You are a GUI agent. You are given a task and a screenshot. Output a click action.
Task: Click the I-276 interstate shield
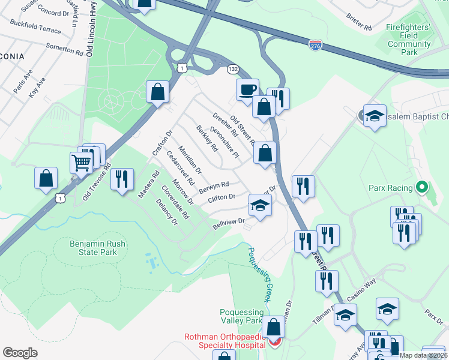(315, 44)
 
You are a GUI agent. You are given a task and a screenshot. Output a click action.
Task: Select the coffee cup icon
(247, 90)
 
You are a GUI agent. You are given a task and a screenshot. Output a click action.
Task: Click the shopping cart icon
(82, 160)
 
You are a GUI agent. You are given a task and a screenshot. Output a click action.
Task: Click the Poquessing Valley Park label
(241, 316)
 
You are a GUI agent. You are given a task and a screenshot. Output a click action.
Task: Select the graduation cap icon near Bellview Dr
(261, 206)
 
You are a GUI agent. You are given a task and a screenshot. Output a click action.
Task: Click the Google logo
(20, 353)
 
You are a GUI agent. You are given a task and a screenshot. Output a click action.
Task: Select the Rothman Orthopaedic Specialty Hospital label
(225, 341)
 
